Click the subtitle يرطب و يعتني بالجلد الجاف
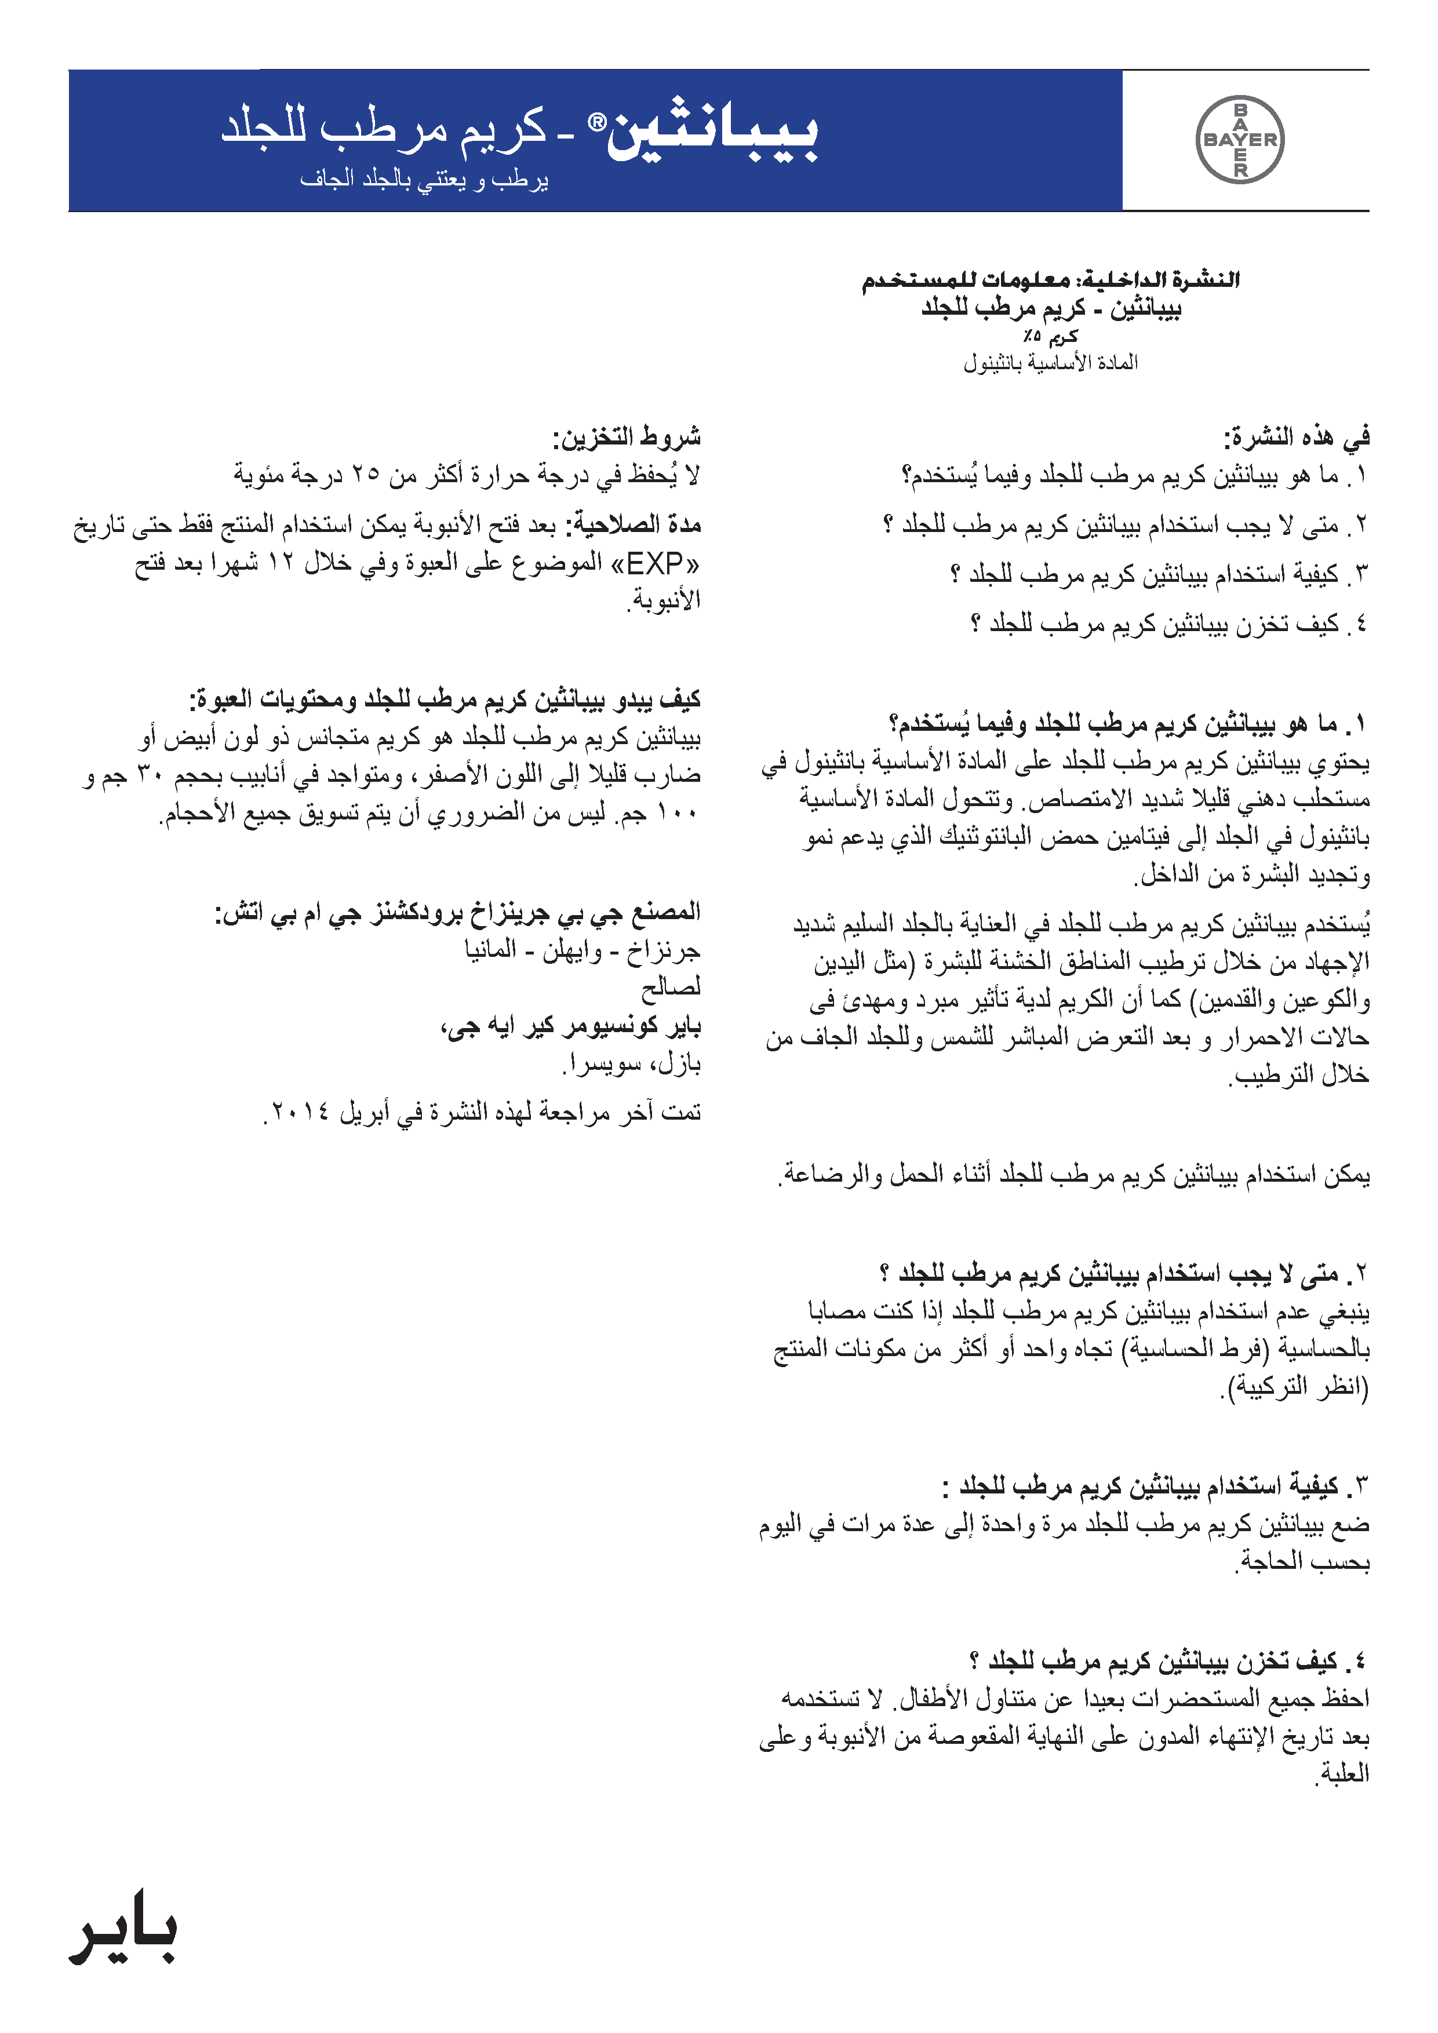424,180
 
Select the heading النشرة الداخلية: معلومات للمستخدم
1050,280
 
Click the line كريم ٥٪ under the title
1050,337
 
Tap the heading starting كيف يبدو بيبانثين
445,699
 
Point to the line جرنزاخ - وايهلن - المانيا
583,950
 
